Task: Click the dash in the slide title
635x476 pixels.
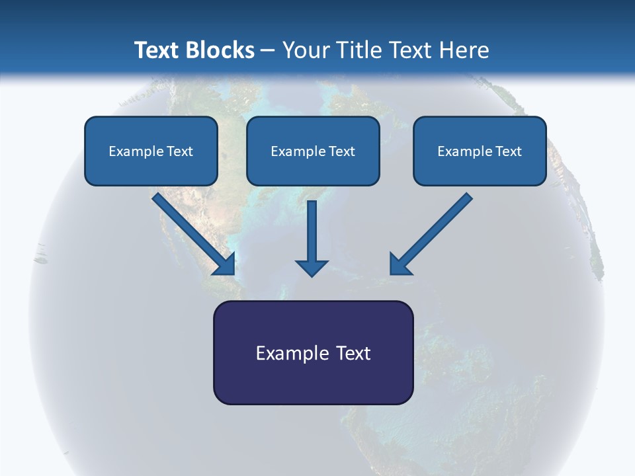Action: [x=268, y=51]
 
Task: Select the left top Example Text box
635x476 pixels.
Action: [x=151, y=151]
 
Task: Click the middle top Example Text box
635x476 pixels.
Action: [x=313, y=151]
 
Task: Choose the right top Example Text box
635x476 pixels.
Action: [x=480, y=151]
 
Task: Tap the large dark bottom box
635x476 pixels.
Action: [x=313, y=352]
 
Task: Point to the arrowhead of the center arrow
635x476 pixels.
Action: [x=312, y=267]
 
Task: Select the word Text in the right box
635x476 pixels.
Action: [x=508, y=151]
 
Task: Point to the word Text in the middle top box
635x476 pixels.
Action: [x=341, y=151]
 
